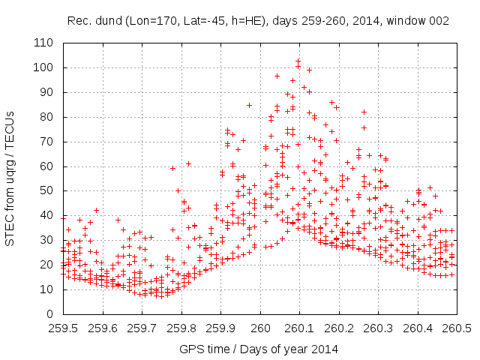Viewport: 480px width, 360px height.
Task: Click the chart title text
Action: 258,22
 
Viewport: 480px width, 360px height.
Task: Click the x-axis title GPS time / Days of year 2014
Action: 259,349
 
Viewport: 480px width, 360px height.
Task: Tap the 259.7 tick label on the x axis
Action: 142,328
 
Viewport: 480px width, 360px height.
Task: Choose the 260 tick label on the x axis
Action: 260,328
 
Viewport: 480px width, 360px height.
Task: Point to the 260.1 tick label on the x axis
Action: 300,328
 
